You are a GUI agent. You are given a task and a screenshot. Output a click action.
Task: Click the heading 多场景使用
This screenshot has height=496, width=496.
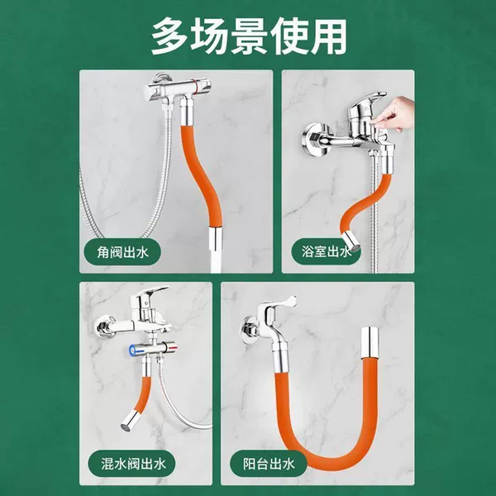click(249, 36)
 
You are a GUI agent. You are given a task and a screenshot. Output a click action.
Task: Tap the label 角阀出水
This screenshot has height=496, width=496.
click(122, 252)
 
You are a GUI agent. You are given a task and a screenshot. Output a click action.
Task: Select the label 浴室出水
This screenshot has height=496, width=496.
click(326, 252)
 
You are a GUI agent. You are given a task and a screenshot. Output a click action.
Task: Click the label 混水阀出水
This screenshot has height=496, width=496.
click(133, 464)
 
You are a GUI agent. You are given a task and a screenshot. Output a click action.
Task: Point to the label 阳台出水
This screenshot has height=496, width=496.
click(269, 464)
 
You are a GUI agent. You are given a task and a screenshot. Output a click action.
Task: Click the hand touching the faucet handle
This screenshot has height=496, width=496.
click(394, 115)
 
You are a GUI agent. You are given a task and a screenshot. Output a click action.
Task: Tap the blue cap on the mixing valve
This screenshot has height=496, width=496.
click(132, 350)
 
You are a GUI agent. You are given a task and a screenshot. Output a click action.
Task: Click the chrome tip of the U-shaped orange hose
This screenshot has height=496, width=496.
click(370, 342)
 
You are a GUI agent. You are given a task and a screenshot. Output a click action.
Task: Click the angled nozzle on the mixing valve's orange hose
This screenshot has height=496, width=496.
click(130, 420)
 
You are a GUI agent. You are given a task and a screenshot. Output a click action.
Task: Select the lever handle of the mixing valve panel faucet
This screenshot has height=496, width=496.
click(152, 292)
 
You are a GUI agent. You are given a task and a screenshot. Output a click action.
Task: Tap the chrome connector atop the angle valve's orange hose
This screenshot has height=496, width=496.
click(185, 112)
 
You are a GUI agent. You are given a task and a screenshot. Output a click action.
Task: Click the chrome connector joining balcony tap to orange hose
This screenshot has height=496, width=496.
click(281, 358)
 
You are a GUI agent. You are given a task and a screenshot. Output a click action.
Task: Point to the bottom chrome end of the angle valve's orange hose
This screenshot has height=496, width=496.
click(216, 239)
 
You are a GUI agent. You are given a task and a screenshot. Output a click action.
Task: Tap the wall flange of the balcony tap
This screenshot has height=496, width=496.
click(249, 327)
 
